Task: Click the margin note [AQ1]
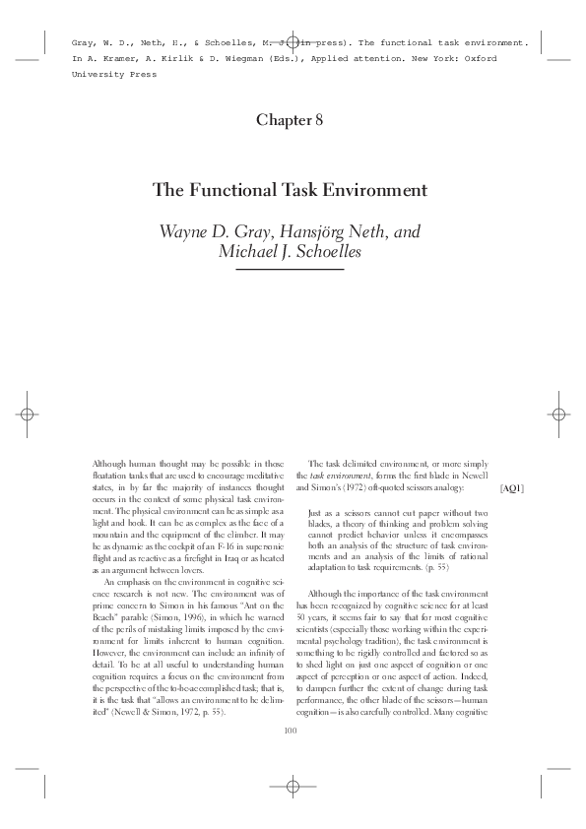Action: pyautogui.click(x=512, y=487)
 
